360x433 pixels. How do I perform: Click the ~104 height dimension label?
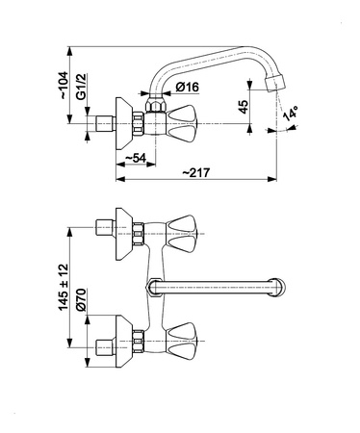(64, 85)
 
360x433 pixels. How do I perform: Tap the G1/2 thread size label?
(82, 87)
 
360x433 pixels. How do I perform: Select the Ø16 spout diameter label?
(188, 87)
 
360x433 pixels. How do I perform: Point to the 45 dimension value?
(244, 107)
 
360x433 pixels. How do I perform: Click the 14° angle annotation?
(291, 114)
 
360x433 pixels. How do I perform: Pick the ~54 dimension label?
(135, 158)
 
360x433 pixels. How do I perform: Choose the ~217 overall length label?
(196, 172)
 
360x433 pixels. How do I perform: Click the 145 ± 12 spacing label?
(64, 287)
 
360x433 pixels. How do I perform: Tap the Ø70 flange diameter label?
(82, 299)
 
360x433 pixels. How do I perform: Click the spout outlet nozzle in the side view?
(275, 84)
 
